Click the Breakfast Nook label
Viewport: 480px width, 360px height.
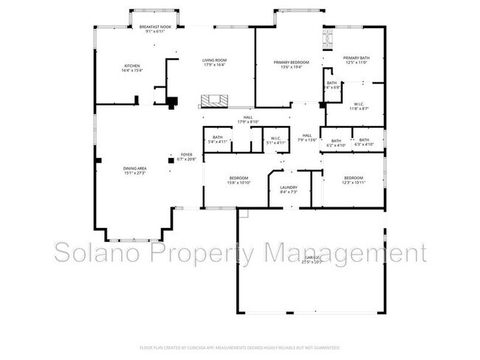point(154,30)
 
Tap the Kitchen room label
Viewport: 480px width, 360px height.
point(131,68)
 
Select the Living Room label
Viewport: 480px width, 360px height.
point(215,62)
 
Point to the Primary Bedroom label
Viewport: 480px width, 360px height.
point(291,64)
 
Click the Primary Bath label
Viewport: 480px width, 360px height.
point(356,60)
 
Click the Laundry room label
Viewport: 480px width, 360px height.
point(289,190)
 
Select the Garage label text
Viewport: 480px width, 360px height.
point(311,259)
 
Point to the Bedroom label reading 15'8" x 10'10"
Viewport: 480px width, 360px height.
point(238,180)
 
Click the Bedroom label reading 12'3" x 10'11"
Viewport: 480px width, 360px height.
point(353,179)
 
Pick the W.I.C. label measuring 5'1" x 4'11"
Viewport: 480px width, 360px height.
point(275,139)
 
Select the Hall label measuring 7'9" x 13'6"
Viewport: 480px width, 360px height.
point(306,137)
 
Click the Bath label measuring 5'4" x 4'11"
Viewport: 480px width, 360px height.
point(218,139)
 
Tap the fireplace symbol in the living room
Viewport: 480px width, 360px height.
point(216,101)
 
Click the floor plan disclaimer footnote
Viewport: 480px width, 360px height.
point(239,347)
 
